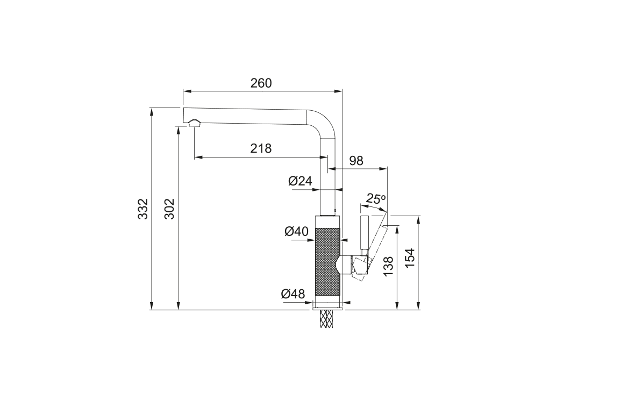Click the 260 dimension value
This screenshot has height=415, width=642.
[x=261, y=83]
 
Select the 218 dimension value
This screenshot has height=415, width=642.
[x=261, y=148]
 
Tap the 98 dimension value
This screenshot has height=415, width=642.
[x=356, y=161]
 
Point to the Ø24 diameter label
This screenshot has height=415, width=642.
[x=300, y=181]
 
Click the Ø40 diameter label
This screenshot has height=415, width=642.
[x=296, y=232]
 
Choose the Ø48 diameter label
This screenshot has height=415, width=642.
[x=293, y=294]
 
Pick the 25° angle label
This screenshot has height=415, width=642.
[x=376, y=199]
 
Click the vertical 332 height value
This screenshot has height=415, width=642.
[x=142, y=209]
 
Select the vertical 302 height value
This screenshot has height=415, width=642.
[x=169, y=209]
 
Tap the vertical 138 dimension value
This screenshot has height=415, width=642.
[x=388, y=266]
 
